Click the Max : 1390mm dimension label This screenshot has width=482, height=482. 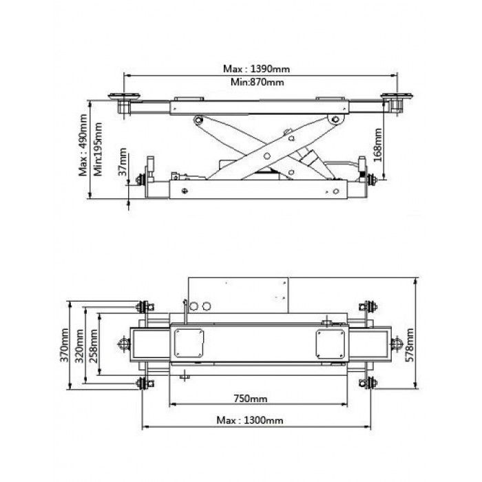tap(256, 69)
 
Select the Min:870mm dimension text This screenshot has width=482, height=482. tap(258, 82)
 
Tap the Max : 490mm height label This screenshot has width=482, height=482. tap(83, 145)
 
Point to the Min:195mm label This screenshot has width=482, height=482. tap(98, 149)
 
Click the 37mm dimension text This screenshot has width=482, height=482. tap(123, 162)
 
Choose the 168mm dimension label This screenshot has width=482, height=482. tap(378, 145)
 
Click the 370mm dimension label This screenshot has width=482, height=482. tap(65, 345)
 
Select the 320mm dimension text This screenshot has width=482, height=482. tap(80, 346)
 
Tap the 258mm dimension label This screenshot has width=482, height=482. tap(94, 346)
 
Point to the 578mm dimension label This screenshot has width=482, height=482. tap(410, 345)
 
